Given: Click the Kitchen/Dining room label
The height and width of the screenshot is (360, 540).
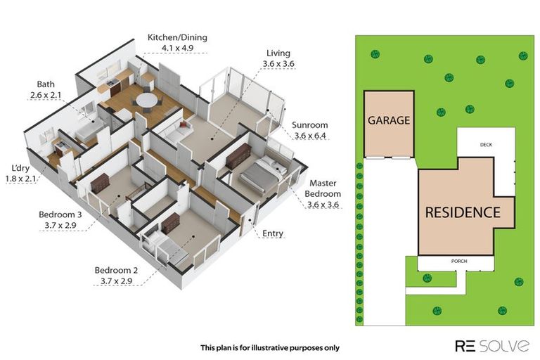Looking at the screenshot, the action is (177, 37).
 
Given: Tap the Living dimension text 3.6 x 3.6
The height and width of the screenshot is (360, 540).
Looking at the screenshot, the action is (278, 64).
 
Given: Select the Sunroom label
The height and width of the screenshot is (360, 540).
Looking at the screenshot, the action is (309, 125).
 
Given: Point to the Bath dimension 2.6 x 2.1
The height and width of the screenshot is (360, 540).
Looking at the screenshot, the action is (46, 95).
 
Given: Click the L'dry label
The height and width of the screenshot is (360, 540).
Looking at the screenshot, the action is (20, 169).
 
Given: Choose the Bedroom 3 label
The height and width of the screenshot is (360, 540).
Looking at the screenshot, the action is (60, 214).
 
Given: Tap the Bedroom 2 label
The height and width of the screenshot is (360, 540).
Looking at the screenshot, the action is (116, 271).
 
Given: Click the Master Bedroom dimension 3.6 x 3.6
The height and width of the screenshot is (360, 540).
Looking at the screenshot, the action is (323, 205).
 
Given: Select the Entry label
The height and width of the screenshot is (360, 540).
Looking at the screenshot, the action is (272, 233).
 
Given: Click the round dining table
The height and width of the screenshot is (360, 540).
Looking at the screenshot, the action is (147, 101).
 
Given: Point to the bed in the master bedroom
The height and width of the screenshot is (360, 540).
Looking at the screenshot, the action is (263, 174).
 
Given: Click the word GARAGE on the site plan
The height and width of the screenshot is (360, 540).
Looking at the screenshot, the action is (389, 120).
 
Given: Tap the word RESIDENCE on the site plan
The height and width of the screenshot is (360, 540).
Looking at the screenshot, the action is (463, 212).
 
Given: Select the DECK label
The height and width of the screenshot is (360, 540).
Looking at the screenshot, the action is (486, 145).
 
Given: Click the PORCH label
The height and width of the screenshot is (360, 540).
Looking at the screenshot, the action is (459, 261).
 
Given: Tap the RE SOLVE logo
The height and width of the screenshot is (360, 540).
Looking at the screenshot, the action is (491, 345).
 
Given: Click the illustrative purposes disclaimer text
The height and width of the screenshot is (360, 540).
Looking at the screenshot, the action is (270, 348).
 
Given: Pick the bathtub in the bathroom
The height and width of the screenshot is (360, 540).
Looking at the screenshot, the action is (89, 133).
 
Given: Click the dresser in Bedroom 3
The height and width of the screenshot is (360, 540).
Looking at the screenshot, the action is (100, 182).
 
